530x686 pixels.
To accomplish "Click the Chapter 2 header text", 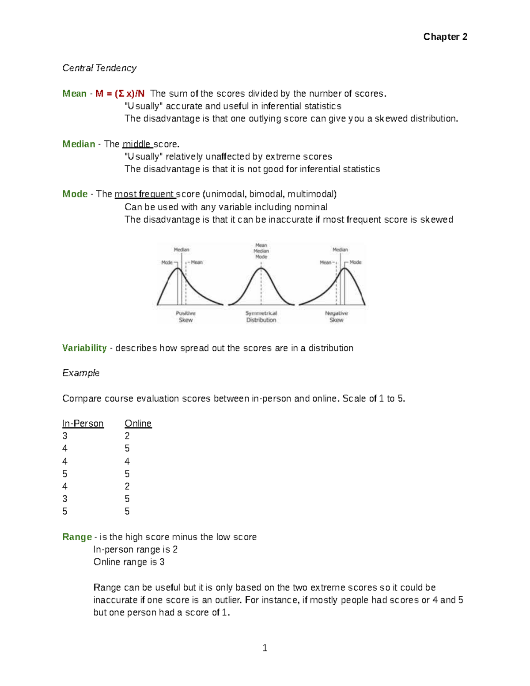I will tap(445, 37).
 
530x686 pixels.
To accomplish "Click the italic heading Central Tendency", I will tap(99, 68).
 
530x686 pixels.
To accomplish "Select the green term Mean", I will tap(74, 94).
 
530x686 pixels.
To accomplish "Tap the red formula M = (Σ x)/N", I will tap(120, 94).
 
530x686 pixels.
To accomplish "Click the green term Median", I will tap(79, 144).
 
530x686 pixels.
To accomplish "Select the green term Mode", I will tap(75, 194).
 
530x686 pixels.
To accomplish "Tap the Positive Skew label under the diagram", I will tap(185, 316).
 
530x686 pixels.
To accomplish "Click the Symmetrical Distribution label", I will tap(261, 316).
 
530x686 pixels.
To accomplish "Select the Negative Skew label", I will tap(336, 316).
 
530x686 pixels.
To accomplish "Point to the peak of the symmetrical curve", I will tap(261, 269).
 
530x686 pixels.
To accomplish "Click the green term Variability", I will tap(84, 348).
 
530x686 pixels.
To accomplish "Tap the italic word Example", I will tap(81, 373).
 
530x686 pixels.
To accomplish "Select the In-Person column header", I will tap(83, 424).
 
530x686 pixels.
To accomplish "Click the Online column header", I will tap(138, 424).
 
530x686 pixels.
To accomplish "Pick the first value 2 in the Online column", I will tap(127, 436).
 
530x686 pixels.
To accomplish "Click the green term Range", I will tap(77, 537).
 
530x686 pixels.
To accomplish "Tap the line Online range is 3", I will tap(129, 562).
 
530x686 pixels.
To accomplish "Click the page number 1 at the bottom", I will tap(265, 648).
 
